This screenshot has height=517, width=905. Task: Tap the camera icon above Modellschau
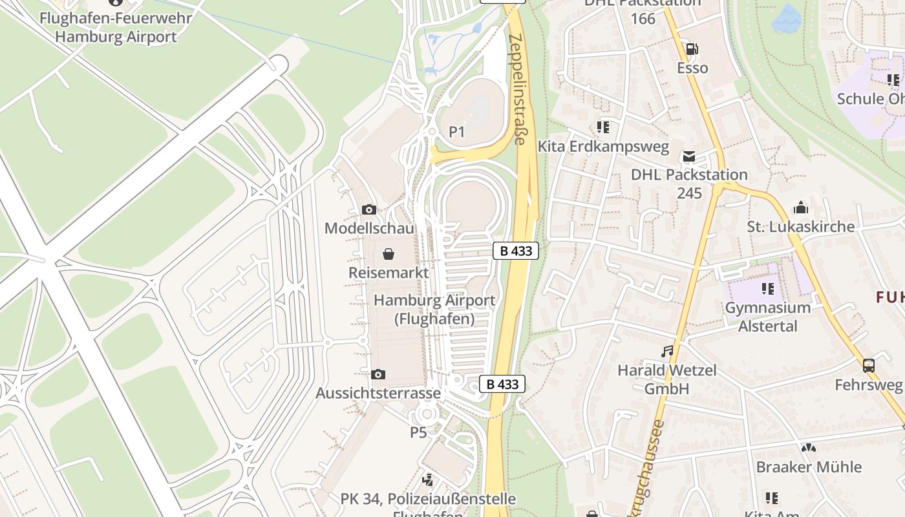(369, 209)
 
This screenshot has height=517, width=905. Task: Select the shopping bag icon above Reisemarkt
(389, 254)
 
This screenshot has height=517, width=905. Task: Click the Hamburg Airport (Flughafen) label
(434, 310)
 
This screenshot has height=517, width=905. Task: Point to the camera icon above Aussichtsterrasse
(378, 374)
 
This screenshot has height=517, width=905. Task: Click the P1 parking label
(457, 132)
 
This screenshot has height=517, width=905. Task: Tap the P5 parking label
(418, 432)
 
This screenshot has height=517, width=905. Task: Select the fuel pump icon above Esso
(692, 49)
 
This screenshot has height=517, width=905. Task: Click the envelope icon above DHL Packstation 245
(689, 156)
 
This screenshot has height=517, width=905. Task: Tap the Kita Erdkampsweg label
(603, 147)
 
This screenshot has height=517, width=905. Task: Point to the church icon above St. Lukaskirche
(801, 208)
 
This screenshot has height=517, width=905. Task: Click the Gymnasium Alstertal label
(768, 317)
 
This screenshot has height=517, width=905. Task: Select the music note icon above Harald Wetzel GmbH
(667, 352)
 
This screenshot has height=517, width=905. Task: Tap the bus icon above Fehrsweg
(868, 366)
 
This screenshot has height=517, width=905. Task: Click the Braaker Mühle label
(809, 467)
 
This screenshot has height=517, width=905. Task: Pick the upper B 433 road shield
(516, 251)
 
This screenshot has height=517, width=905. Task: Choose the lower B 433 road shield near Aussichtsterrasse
(502, 384)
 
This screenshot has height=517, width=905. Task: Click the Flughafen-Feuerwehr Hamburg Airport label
(116, 26)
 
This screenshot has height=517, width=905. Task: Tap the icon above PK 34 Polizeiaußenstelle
(427, 480)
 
